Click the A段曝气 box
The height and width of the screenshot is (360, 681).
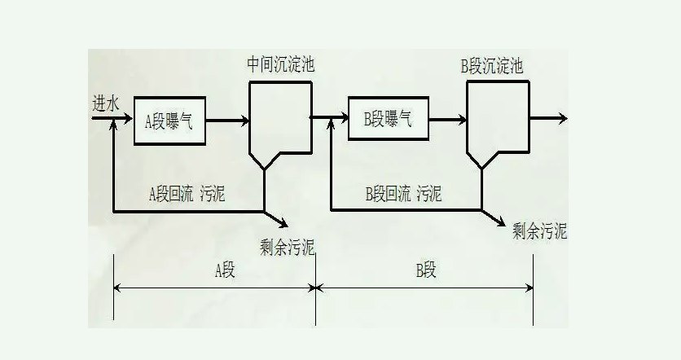pos(169,121)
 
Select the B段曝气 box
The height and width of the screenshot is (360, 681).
pos(387,119)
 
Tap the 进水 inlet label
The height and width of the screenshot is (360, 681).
pos(106,103)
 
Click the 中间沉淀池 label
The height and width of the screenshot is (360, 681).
pos(279,66)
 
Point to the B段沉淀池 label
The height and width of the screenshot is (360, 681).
pos(492,67)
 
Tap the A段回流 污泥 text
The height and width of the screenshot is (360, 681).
pos(187,193)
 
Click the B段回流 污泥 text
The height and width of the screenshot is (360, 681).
pos(403,193)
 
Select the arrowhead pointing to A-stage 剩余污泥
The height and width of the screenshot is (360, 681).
pos(282,222)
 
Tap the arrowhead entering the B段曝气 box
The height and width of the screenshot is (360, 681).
pos(342,120)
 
